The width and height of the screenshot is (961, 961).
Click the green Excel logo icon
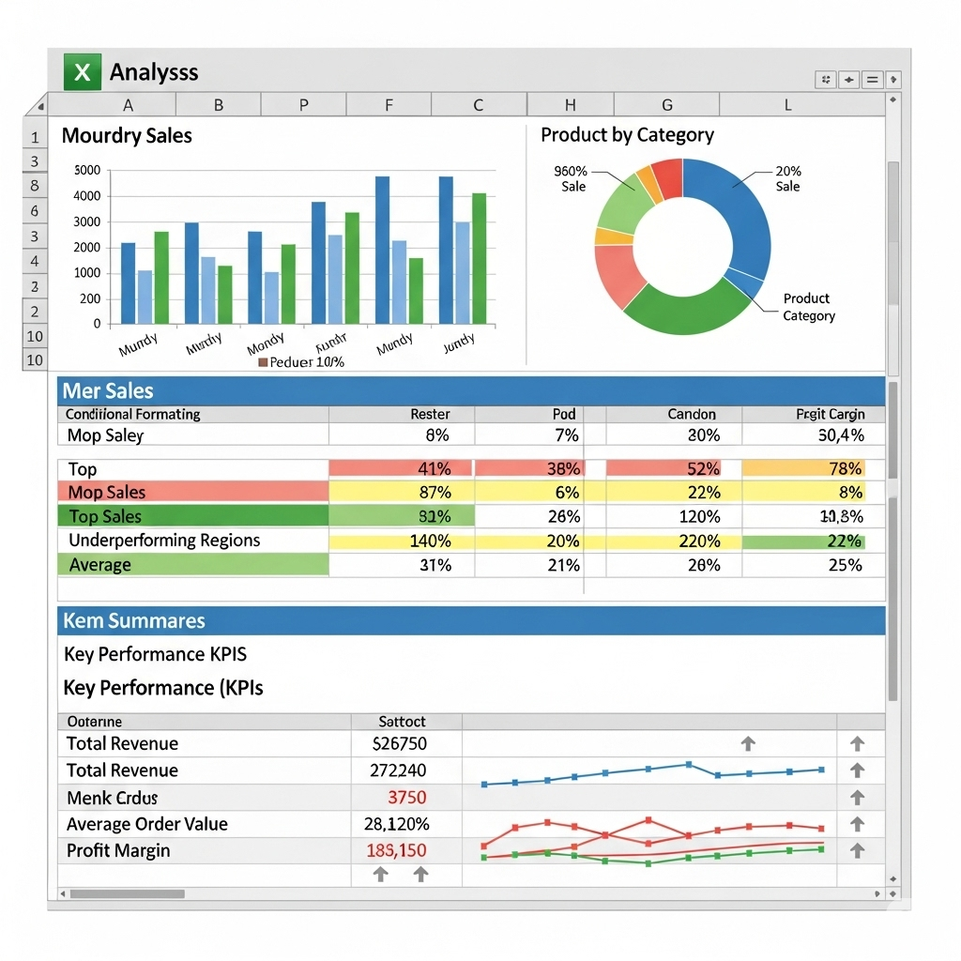click(x=82, y=72)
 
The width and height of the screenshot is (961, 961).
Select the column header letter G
click(x=667, y=105)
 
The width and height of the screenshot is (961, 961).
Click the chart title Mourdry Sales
click(x=127, y=136)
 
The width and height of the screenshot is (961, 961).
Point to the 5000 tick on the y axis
click(x=86, y=171)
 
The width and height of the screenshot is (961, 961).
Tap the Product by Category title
click(x=627, y=135)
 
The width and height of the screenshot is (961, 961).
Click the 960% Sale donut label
click(x=571, y=178)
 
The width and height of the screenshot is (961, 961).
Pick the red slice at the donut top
click(x=667, y=177)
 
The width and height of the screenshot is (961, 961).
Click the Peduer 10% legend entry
click(x=301, y=362)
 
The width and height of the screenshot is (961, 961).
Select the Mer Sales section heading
click(x=108, y=391)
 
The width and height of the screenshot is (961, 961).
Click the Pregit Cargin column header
click(x=830, y=414)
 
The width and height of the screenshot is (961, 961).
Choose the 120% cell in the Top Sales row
click(x=700, y=516)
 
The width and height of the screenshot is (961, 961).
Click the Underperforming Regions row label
click(x=164, y=541)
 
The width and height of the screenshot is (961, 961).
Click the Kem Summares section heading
click(x=133, y=621)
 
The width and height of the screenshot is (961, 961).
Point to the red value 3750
click(x=406, y=798)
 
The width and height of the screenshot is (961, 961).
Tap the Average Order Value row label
click(x=147, y=824)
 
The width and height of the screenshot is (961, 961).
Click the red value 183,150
click(x=396, y=851)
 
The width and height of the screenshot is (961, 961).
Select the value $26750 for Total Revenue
click(x=400, y=744)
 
